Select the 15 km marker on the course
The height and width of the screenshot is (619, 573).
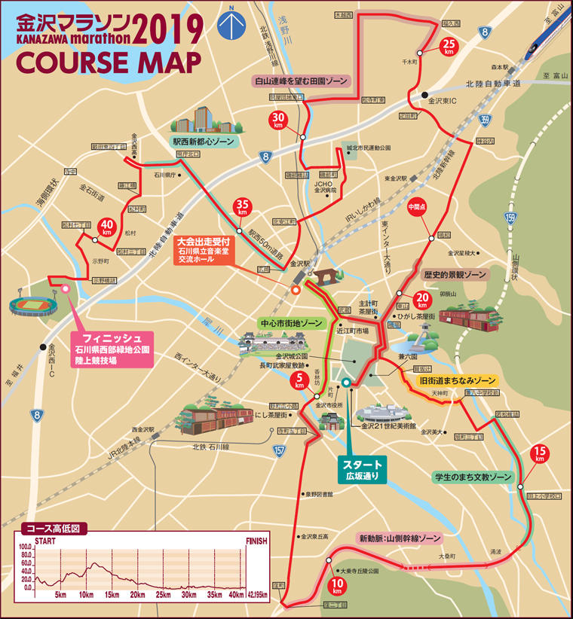[x=539, y=454]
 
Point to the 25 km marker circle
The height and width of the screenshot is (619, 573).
[x=449, y=46]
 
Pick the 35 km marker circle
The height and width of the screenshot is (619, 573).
[x=243, y=208]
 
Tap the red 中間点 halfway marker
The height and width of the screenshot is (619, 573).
[x=417, y=209]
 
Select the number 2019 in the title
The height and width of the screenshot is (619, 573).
[x=170, y=27]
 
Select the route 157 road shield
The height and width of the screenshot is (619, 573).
[x=280, y=450]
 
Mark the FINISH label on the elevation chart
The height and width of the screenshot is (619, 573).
[x=256, y=541]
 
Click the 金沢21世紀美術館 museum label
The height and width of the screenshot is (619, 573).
[x=389, y=426]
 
